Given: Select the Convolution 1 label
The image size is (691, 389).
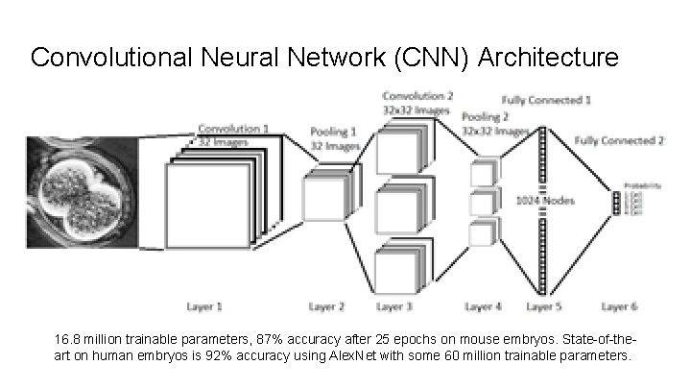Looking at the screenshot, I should [232, 129].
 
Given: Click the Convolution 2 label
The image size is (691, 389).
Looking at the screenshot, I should [417, 96].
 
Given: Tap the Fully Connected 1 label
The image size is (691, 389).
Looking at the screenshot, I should [546, 99].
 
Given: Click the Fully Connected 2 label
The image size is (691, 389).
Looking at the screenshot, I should [619, 140].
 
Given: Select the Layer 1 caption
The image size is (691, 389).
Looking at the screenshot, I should [203, 307].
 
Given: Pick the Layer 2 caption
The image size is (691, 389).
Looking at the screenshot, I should [327, 307].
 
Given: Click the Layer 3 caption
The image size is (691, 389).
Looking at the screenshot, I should [394, 307].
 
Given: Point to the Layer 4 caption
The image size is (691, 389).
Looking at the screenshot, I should [483, 307].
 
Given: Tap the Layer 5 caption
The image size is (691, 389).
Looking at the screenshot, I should [546, 307].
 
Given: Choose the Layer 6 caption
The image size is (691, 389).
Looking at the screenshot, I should [619, 307].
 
